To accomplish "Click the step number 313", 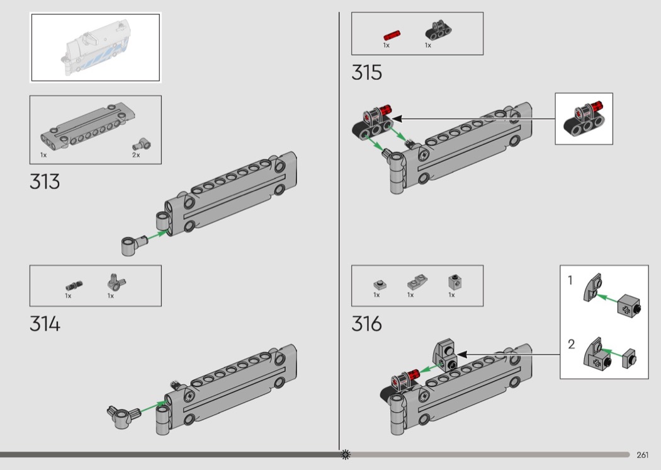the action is (x=45, y=182).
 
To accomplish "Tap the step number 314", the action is (x=45, y=324).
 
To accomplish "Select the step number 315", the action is (x=367, y=72).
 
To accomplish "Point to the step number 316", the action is (x=367, y=324).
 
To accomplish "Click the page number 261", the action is (x=643, y=455).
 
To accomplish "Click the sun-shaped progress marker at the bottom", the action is (x=345, y=454).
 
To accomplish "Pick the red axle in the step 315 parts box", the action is (x=392, y=35).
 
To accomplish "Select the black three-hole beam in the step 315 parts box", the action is (x=438, y=30).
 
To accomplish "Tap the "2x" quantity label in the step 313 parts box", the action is (x=136, y=155).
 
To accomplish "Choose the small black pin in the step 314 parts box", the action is (x=74, y=285).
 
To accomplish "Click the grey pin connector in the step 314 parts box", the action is (x=116, y=282).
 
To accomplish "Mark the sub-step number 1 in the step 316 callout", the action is (x=570, y=280).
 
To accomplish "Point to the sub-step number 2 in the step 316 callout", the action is (x=571, y=344).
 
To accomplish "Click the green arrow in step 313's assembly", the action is (x=157, y=234).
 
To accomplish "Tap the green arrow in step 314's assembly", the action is (x=152, y=407).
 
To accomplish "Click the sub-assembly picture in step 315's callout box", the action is (x=584, y=119).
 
